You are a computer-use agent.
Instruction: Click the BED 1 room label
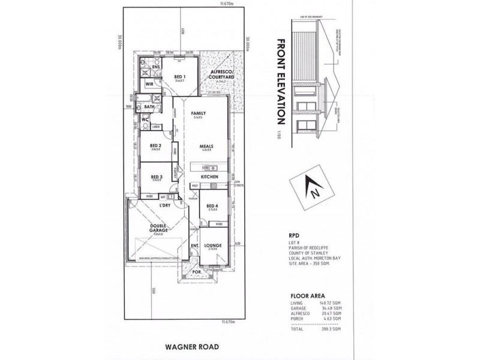click(x=179, y=77)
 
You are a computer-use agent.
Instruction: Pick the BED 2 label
click(x=155, y=146)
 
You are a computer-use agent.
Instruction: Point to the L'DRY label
click(x=166, y=206)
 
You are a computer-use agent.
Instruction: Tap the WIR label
click(x=151, y=85)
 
